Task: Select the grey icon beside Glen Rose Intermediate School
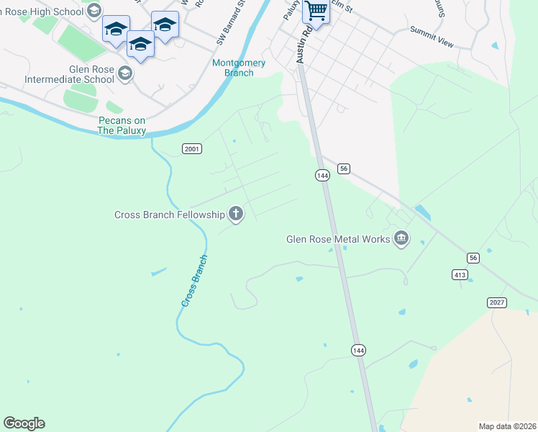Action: (125, 73)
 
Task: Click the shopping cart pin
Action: (315, 10)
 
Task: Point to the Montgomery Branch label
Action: (239, 68)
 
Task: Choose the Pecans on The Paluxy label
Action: (122, 125)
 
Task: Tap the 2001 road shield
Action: (191, 149)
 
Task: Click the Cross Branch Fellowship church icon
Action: (234, 213)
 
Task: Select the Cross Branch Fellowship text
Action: (169, 215)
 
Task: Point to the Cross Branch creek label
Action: (194, 281)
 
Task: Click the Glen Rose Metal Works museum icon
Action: (401, 238)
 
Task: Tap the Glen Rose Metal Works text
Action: (337, 239)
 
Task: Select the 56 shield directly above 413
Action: (473, 258)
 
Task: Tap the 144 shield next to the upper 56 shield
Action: (322, 175)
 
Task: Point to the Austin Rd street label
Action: (303, 46)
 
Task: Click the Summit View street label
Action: (432, 37)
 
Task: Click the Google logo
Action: (24, 423)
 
